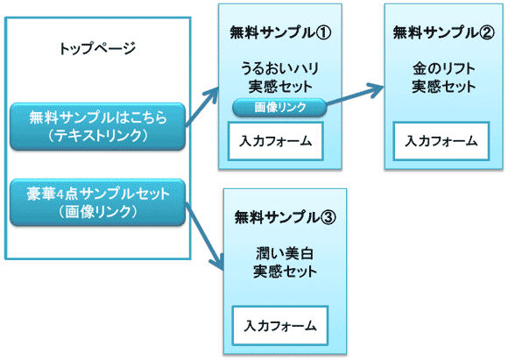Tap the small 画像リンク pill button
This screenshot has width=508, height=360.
[x=279, y=107]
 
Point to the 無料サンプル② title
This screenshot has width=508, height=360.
[x=441, y=33]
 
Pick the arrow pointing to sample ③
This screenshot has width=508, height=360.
[x=206, y=235]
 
